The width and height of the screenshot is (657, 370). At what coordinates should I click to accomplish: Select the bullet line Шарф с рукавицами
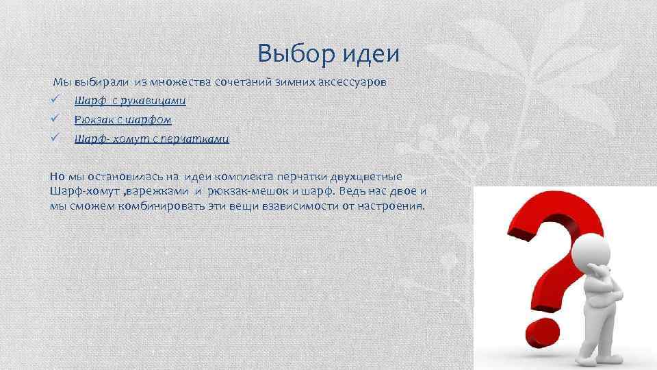(130, 101)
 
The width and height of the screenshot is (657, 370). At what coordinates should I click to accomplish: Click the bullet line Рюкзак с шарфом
(123, 119)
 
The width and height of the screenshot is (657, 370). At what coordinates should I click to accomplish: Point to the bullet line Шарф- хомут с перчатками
(152, 138)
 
